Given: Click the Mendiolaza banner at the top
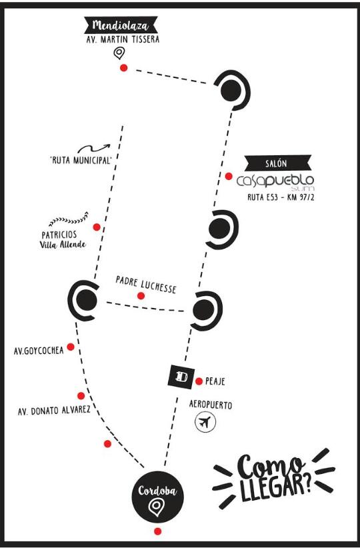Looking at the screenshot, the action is (x=121, y=25).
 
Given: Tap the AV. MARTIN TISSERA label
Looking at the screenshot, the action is (x=123, y=39).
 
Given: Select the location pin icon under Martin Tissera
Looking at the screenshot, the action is (x=119, y=53).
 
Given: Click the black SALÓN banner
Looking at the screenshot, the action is (x=278, y=163).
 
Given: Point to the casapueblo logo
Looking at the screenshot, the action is (x=275, y=181).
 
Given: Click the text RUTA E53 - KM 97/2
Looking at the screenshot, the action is (x=281, y=197).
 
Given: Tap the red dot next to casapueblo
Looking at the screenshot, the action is (x=229, y=176).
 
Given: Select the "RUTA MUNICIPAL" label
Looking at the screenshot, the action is (x=81, y=160).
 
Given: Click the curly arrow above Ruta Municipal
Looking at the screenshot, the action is (x=94, y=148).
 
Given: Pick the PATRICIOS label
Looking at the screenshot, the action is (x=59, y=235).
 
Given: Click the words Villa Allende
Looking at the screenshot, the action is (x=63, y=245).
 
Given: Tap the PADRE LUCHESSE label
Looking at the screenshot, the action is (x=146, y=285).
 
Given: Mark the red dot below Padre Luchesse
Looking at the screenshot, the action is (x=141, y=296).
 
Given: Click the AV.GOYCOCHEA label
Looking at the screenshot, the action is (x=39, y=351).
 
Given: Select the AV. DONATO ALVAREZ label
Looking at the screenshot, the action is (x=54, y=411).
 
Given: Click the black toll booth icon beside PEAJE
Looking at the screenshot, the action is (x=181, y=377).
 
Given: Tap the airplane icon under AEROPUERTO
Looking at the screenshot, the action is (x=205, y=422).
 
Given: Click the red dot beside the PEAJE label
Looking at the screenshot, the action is (x=199, y=381).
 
